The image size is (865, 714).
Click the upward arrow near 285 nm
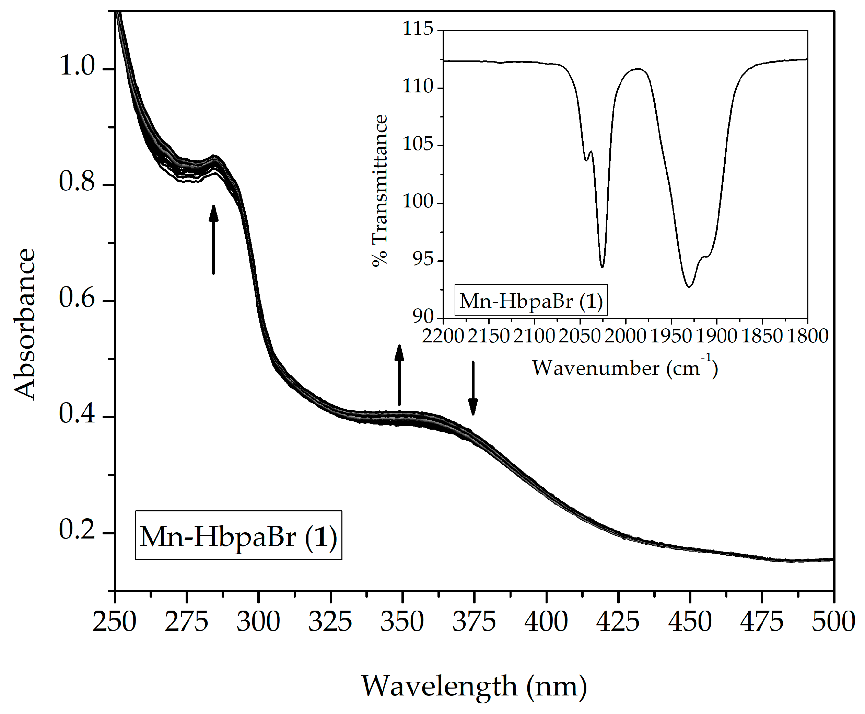click(x=213, y=239)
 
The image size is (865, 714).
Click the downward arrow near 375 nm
click(x=473, y=388)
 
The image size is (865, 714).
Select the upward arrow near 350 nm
click(x=399, y=375)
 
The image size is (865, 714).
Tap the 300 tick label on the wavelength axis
click(x=258, y=622)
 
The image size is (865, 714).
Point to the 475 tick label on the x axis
click(x=762, y=622)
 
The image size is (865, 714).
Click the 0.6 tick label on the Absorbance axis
click(x=77, y=298)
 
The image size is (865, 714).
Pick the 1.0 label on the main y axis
click(x=77, y=66)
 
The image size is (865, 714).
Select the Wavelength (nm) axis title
click(x=474, y=686)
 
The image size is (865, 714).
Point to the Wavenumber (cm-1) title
click(x=624, y=367)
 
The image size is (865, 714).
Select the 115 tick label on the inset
click(x=418, y=29)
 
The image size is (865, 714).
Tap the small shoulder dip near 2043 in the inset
click(x=586, y=160)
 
